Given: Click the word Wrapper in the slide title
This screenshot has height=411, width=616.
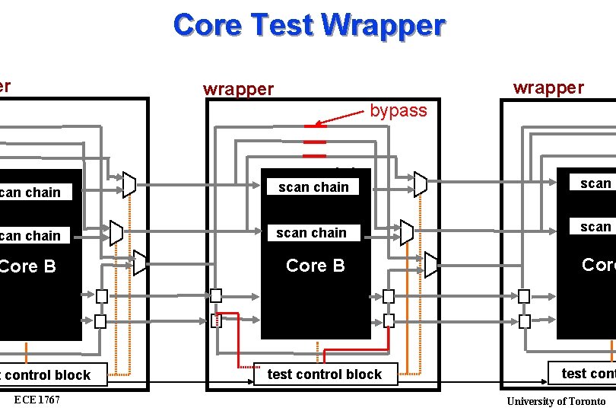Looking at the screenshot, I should pyautogui.click(x=383, y=25).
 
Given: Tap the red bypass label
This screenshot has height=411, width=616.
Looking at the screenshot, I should pyautogui.click(x=398, y=110).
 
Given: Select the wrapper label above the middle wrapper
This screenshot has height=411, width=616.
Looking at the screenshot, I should pyautogui.click(x=238, y=89).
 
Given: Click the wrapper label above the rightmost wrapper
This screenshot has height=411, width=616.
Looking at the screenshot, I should pyautogui.click(x=548, y=88).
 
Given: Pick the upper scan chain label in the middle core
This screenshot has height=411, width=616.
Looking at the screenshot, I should pyautogui.click(x=313, y=187).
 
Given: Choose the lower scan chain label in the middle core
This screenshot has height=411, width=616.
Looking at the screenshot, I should pyautogui.click(x=311, y=233).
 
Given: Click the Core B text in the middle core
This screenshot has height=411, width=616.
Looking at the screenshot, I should pyautogui.click(x=315, y=266).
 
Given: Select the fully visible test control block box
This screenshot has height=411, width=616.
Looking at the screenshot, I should pyautogui.click(x=325, y=374).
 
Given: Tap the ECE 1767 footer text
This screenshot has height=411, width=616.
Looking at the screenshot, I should pyautogui.click(x=37, y=400).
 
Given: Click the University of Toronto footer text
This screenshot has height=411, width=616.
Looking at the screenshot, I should pyautogui.click(x=556, y=401).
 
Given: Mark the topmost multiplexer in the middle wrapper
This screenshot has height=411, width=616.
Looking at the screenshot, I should pyautogui.click(x=421, y=184).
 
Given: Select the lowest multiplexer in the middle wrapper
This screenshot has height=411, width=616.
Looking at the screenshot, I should pyautogui.click(x=431, y=265).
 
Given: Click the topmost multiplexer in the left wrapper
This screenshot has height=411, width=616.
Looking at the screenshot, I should pyautogui.click(x=129, y=183).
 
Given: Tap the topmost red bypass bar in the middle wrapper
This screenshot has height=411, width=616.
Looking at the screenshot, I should pyautogui.click(x=314, y=126).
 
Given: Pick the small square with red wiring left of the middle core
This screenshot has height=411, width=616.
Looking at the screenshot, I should pyautogui.click(x=217, y=320).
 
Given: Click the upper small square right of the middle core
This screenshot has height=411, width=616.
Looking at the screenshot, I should pyautogui.click(x=389, y=296).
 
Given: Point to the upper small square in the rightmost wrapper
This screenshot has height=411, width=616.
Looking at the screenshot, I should pyautogui.click(x=524, y=296).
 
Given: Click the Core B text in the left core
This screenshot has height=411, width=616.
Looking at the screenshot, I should pyautogui.click(x=27, y=266).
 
